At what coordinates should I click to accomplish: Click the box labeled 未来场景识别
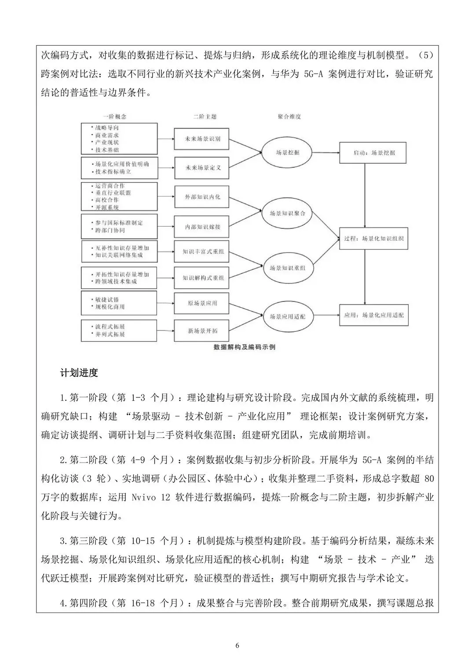pyautogui.click(x=201, y=139)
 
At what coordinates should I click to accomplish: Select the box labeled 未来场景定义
pyautogui.click(x=201, y=168)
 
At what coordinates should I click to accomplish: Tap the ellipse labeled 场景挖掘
pyautogui.click(x=287, y=152)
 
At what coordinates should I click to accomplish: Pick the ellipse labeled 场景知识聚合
pyautogui.click(x=287, y=213)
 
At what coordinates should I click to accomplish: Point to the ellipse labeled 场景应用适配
pyautogui.click(x=288, y=316)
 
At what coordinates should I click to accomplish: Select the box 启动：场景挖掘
pyautogui.click(x=373, y=153)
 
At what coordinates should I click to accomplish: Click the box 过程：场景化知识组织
pyautogui.click(x=374, y=239)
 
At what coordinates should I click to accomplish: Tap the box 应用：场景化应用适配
pyautogui.click(x=374, y=315)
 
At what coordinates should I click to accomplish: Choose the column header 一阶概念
pyautogui.click(x=115, y=117)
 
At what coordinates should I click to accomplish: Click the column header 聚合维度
pyautogui.click(x=289, y=117)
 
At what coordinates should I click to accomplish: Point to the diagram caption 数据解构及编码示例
pyautogui.click(x=245, y=347)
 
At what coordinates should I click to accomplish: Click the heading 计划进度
pyautogui.click(x=79, y=373)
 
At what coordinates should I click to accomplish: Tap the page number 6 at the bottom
pyautogui.click(x=237, y=646)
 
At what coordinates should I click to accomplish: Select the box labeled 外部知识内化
pyautogui.click(x=201, y=197)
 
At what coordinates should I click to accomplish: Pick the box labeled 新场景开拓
pyautogui.click(x=201, y=331)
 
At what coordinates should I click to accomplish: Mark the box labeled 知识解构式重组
pyautogui.click(x=201, y=278)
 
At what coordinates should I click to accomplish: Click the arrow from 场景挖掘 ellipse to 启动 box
pyautogui.click(x=325, y=153)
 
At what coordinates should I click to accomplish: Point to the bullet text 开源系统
pyautogui.click(x=107, y=207)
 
